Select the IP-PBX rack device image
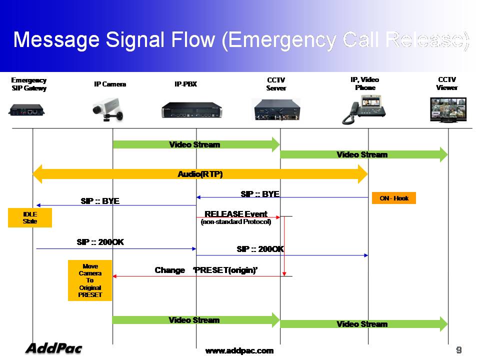tap(191, 110)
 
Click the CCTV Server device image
tap(276, 109)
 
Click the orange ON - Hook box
tap(394, 198)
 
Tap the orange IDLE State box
tap(30, 217)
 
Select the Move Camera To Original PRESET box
tap(90, 280)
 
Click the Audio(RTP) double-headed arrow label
tap(200, 174)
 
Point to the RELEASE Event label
tap(236, 214)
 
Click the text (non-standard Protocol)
tap(235, 221)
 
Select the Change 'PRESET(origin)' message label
tap(206, 270)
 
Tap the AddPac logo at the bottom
tap(53, 348)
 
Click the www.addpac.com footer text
tap(239, 350)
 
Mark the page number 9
tap(458, 349)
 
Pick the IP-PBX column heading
tap(185, 84)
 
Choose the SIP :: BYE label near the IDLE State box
tap(100, 201)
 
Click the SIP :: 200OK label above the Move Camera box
tap(100, 242)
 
